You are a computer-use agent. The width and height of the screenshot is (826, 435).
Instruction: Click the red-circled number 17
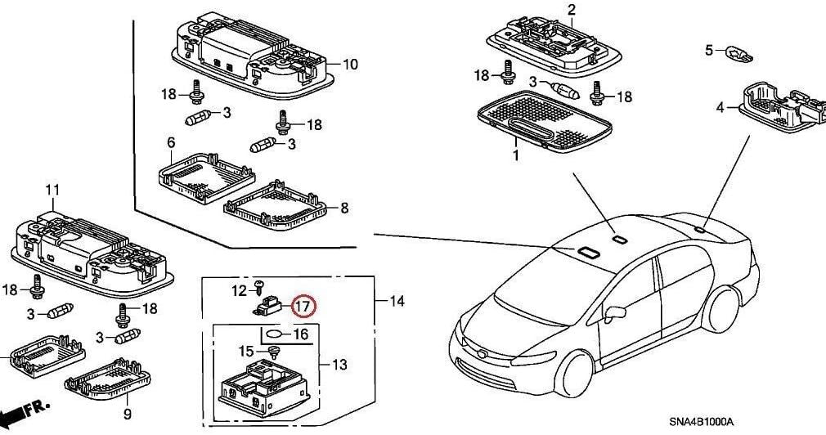point(303,307)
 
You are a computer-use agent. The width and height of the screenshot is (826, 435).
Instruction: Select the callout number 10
point(350,64)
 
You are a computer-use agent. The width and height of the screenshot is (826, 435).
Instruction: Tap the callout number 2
point(572,10)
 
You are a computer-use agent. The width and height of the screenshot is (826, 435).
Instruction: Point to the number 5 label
point(709,51)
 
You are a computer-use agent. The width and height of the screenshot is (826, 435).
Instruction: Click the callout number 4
point(721,107)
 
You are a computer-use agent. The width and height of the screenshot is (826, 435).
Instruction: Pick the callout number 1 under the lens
point(516,154)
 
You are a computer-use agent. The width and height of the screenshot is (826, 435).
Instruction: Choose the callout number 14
point(397,302)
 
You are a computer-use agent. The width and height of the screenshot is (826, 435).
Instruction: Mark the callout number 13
point(338,364)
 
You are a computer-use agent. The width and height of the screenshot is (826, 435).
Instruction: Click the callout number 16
point(300,334)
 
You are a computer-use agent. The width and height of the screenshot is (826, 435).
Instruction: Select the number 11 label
point(52,191)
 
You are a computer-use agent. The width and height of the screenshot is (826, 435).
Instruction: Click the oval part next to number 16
point(276,334)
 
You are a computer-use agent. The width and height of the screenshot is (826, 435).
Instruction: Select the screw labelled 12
point(259,285)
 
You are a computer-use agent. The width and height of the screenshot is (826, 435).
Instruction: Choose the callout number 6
point(172,143)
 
